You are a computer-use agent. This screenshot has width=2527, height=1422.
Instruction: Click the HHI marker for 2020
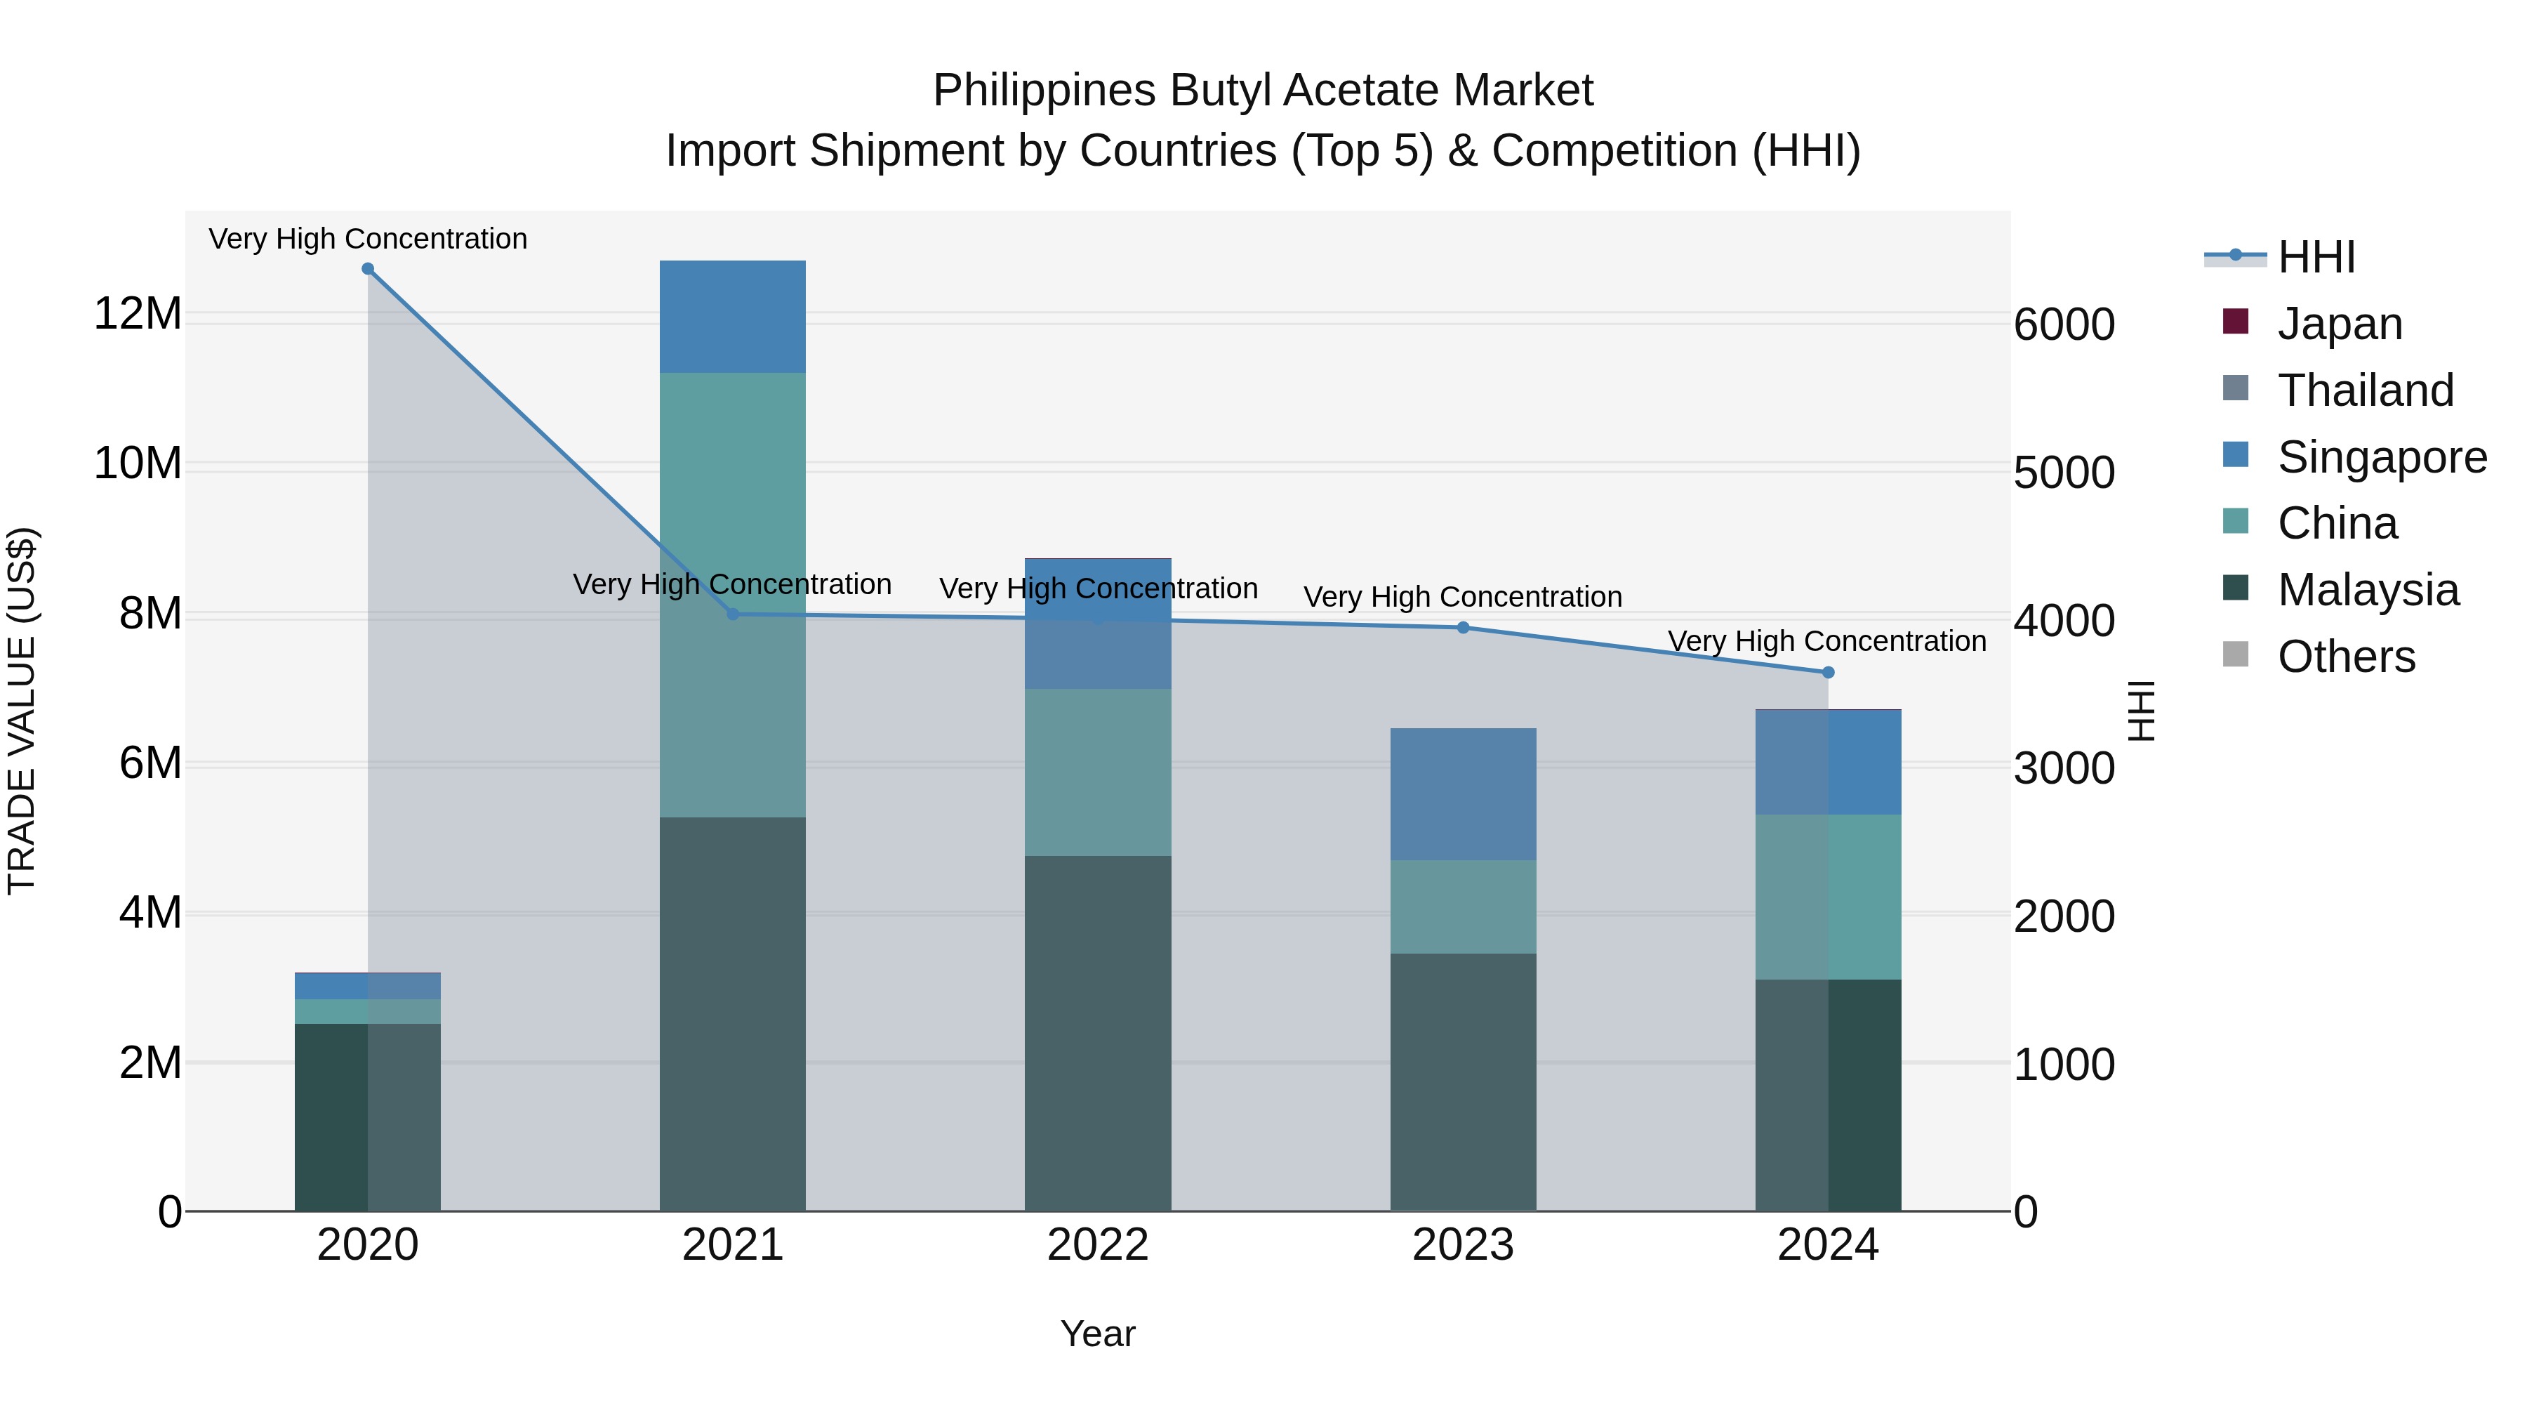pos(368,269)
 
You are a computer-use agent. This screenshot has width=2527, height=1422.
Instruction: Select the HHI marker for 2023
pos(1463,628)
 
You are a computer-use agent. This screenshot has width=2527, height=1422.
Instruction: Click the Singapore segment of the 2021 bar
pos(732,316)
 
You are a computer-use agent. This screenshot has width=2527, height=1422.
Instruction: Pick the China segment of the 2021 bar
pos(732,491)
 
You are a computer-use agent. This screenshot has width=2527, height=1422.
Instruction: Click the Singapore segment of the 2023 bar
pos(1463,794)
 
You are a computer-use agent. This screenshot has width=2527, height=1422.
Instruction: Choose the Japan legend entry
pos(2339,324)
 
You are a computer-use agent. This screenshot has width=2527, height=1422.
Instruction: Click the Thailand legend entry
pos(2364,390)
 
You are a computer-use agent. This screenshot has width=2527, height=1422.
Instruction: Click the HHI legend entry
pos(2315,257)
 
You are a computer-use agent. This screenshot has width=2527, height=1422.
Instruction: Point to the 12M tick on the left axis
pos(138,314)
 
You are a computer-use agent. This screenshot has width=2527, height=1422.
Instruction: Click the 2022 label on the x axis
pos(1098,1245)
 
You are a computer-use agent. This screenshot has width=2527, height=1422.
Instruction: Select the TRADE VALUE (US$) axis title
pos(22,711)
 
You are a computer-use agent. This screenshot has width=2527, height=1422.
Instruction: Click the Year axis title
pos(1098,1334)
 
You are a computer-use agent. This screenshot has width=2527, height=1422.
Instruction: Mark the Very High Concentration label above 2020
pos(368,239)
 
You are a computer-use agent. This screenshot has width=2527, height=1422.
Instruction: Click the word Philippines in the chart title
pos(1044,91)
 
